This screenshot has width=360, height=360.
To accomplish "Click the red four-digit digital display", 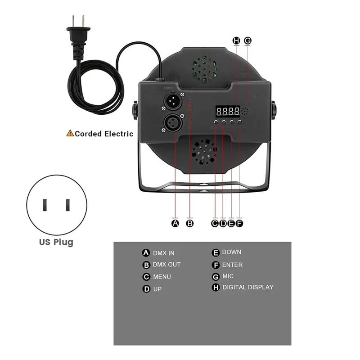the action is pyautogui.click(x=227, y=111).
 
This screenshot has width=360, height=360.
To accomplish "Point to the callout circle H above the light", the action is pyautogui.click(x=237, y=40).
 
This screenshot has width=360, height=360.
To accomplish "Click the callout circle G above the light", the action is pyautogui.click(x=247, y=40).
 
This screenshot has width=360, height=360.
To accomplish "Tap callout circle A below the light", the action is pyautogui.click(x=175, y=223).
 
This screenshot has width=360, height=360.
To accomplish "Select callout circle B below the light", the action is pyautogui.click(x=190, y=223).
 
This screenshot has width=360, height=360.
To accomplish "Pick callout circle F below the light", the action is pyautogui.click(x=239, y=223).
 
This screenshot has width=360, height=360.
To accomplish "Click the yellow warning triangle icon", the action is pyautogui.click(x=70, y=133).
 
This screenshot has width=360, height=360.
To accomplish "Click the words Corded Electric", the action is pyautogui.click(x=104, y=134).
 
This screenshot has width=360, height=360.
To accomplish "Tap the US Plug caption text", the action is pyautogui.click(x=56, y=242).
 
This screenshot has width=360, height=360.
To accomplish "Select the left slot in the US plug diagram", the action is pyautogui.click(x=45, y=205).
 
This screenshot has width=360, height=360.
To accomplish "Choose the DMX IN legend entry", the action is pyautogui.click(x=163, y=253).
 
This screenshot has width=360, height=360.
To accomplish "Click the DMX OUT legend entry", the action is pyautogui.click(x=166, y=265).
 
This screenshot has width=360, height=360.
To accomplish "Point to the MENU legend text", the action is pyautogui.click(x=162, y=277).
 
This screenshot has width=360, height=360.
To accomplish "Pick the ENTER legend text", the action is pyautogui.click(x=232, y=265).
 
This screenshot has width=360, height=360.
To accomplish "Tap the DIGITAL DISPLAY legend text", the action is pyautogui.click(x=247, y=287).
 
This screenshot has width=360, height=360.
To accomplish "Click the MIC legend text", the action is pyautogui.click(x=228, y=276).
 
